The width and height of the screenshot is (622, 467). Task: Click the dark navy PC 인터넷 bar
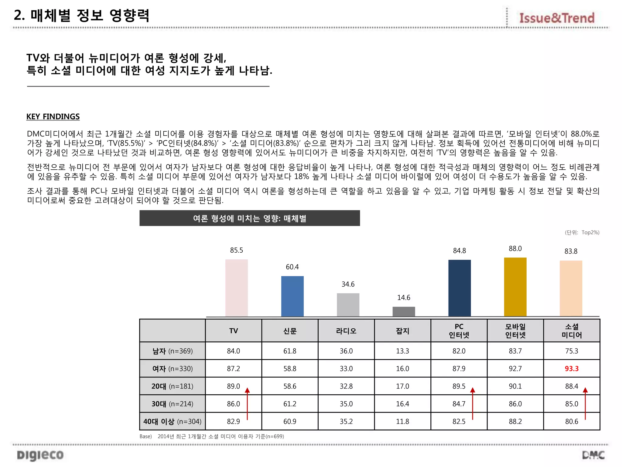pos(459,288)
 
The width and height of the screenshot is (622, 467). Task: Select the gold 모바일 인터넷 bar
pos(515,287)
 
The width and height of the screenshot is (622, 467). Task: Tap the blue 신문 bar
pos(292,296)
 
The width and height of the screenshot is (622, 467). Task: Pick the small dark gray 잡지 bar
pos(404,311)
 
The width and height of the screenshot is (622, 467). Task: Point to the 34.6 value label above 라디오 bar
pos(348,284)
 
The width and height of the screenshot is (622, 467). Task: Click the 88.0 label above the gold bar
pos(515,249)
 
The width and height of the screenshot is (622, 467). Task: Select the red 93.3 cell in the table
pos(572,368)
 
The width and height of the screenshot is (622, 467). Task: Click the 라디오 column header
pos(346,331)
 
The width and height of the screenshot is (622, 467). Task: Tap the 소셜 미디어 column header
pos(572,331)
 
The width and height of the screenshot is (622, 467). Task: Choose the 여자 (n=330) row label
pos(173,368)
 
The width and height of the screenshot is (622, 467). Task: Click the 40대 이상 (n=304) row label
pos(173,421)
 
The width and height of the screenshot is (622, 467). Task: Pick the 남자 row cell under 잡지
pos(402,351)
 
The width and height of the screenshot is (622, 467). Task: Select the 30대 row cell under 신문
pos(290,404)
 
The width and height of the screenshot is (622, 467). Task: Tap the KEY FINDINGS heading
pos(53,116)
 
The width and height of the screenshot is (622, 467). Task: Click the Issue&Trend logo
pos(557,18)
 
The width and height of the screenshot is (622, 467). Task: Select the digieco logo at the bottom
pos(40,455)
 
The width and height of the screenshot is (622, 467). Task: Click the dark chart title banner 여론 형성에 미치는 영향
pos(250,218)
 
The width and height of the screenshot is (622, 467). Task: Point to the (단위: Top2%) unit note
pos(582,233)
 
